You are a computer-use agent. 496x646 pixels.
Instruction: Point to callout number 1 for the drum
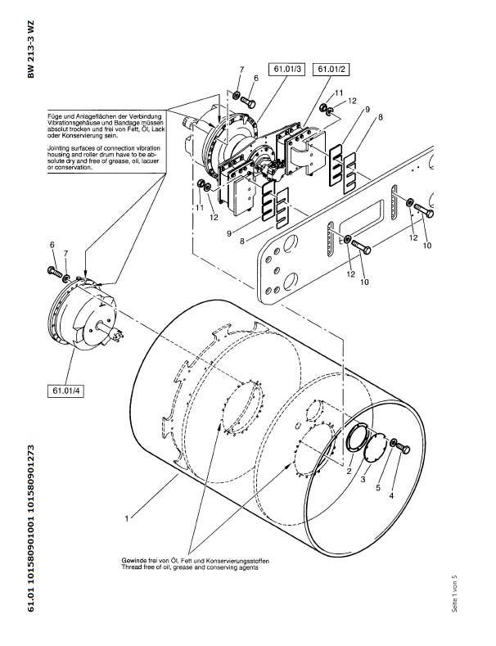[x=127, y=518]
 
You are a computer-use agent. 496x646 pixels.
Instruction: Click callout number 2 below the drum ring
[x=349, y=472]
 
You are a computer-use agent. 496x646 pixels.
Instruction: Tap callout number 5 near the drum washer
[x=378, y=487]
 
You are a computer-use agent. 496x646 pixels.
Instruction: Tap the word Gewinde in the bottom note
[x=133, y=559]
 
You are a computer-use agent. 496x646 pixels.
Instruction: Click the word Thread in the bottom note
[x=131, y=567]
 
